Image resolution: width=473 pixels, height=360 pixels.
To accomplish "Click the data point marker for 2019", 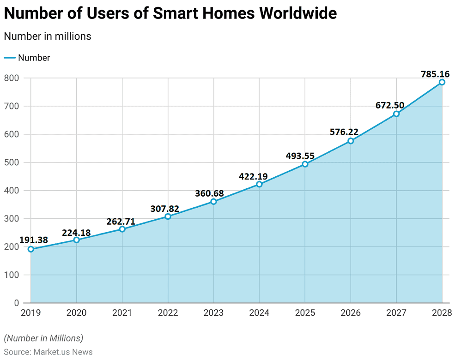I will [x=31, y=249].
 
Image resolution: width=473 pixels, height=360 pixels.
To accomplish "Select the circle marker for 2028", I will [x=442, y=82].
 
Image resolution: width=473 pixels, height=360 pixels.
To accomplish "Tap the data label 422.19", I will [x=253, y=176].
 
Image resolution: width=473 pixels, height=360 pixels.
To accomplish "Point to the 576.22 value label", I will [x=344, y=132].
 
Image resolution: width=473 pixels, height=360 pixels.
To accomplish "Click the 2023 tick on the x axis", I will [x=213, y=313].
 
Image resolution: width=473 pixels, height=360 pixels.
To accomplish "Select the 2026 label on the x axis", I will [x=351, y=313].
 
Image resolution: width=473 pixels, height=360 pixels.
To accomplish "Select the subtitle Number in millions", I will [x=48, y=36].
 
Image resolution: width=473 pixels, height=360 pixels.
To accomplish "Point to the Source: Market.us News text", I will [x=48, y=352].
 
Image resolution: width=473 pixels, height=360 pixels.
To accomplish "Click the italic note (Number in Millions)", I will [x=43, y=338].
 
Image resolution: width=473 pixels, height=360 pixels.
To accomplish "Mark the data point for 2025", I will [x=305, y=164].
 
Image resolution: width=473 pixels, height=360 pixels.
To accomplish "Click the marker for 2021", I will [x=122, y=229].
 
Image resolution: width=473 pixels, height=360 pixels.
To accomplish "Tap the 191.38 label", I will [x=34, y=240].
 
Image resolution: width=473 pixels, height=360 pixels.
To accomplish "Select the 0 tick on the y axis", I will [x=16, y=303].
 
